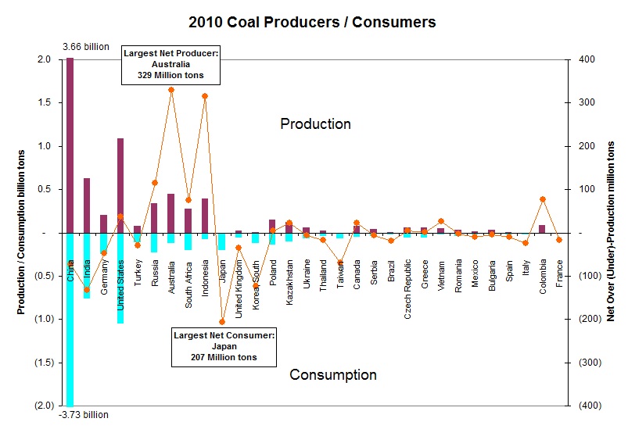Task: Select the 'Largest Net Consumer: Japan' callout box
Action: click(x=223, y=346)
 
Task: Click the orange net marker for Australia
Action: click(x=171, y=90)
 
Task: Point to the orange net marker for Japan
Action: click(x=222, y=322)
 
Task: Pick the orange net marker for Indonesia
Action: click(x=205, y=96)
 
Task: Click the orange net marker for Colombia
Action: click(x=542, y=199)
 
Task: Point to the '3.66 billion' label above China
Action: click(x=86, y=48)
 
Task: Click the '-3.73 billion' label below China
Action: click(x=85, y=415)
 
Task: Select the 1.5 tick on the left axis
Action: click(x=44, y=102)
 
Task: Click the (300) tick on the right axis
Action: click(x=587, y=363)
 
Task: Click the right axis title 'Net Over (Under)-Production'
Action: click(x=611, y=232)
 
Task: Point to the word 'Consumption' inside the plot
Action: click(x=333, y=375)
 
